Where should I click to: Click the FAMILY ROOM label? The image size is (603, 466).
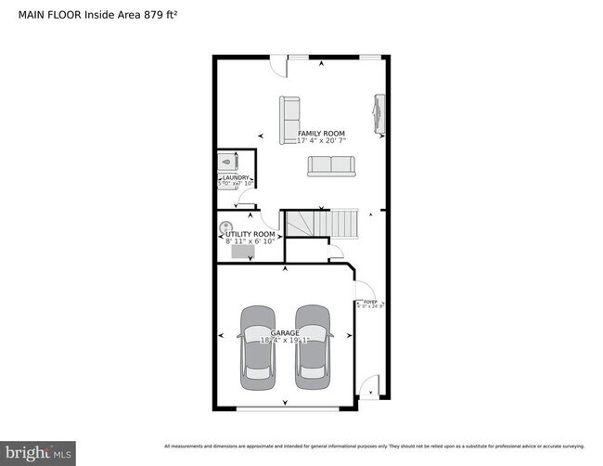pyautogui.click(x=321, y=134)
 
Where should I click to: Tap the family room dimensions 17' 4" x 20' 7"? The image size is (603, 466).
pyautogui.click(x=321, y=142)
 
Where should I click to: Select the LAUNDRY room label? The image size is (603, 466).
pyautogui.click(x=235, y=177)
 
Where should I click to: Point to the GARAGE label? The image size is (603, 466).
pyautogui.click(x=285, y=332)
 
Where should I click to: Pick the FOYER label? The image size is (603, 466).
pyautogui.click(x=370, y=302)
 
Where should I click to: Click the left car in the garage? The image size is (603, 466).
pyautogui.click(x=257, y=348)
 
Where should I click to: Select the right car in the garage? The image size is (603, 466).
pyautogui.click(x=314, y=348)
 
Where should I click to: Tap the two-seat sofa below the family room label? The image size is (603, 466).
pyautogui.click(x=331, y=165)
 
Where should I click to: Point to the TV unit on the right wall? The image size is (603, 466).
pyautogui.click(x=378, y=114)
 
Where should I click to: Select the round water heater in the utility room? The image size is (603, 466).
pyautogui.click(x=225, y=226)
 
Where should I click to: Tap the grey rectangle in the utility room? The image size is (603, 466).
pyautogui.click(x=243, y=251)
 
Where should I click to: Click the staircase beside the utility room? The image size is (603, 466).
pyautogui.click(x=320, y=223)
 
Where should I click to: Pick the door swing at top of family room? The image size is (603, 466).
pyautogui.click(x=277, y=64)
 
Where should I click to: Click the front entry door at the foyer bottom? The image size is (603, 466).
pyautogui.click(x=370, y=386)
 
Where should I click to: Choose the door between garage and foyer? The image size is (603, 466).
pyautogui.click(x=363, y=289)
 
